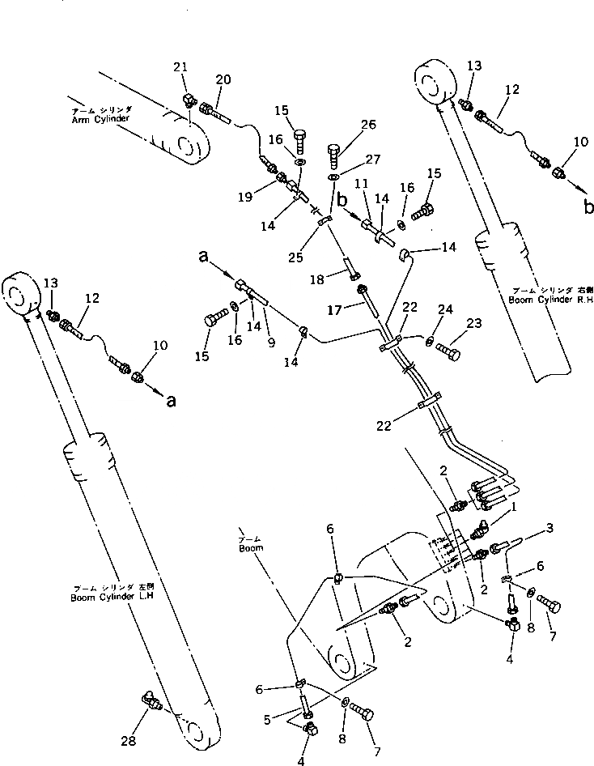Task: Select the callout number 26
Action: click(368, 125)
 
